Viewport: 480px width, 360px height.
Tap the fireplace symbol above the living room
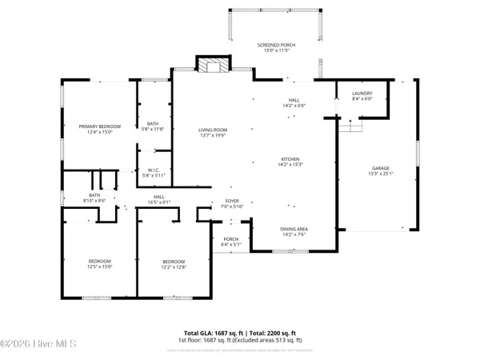[213, 66]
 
